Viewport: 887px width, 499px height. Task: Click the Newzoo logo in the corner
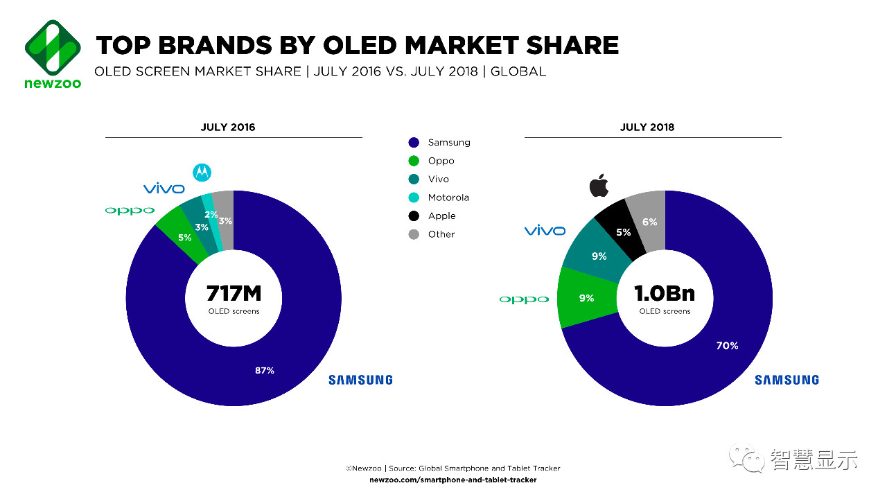point(53,53)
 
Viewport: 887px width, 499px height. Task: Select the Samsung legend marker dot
point(414,143)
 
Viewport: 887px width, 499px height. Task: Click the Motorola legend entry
point(448,198)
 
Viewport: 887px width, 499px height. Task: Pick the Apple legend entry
point(441,216)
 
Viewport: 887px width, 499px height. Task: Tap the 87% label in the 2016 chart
point(264,371)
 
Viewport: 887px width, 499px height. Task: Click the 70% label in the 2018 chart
point(727,346)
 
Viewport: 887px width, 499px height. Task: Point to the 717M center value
point(234,292)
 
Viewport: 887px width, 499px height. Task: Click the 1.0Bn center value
point(665,293)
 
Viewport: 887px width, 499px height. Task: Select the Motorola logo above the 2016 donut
point(202,172)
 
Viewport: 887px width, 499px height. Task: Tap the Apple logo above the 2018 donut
point(599,186)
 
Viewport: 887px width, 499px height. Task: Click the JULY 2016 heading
point(227,128)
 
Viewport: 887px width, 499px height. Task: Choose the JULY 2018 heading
point(647,128)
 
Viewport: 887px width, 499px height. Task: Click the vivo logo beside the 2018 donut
point(545,231)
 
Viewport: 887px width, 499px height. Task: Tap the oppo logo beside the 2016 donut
point(130,210)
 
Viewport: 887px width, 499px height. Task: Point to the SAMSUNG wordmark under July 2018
point(787,380)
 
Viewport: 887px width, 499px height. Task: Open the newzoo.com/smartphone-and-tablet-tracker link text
point(453,480)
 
